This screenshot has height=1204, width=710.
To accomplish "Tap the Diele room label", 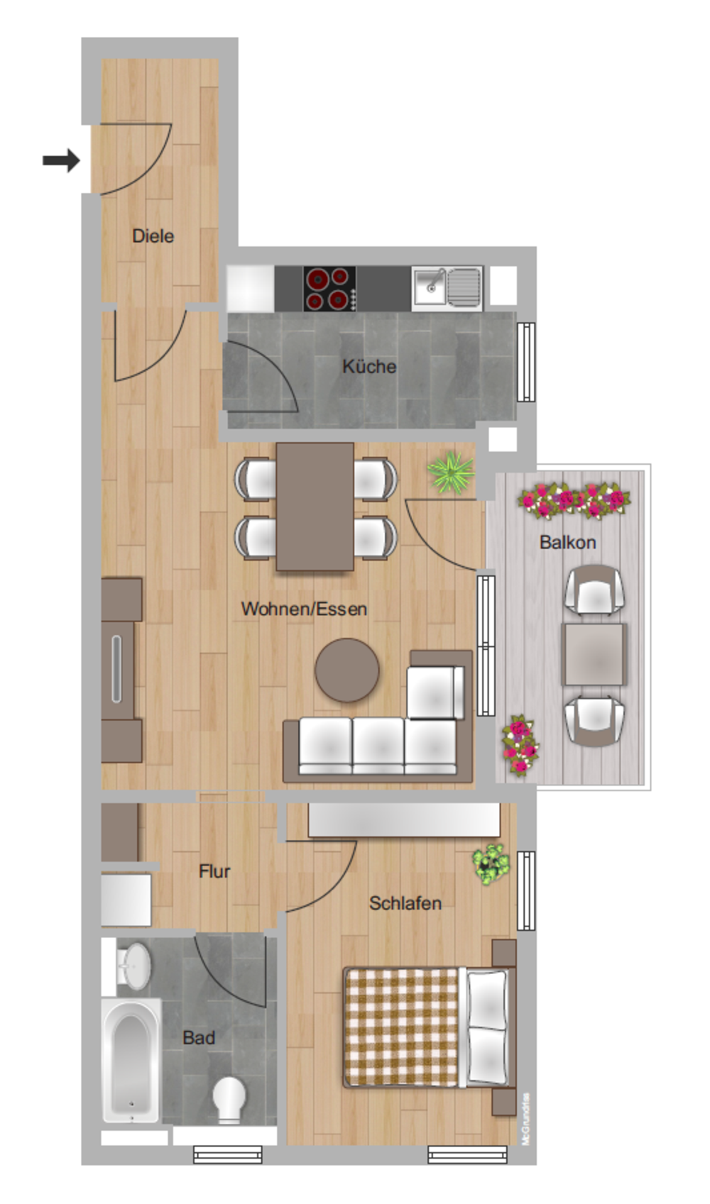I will pyautogui.click(x=153, y=236).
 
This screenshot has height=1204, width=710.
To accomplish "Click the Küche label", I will pyautogui.click(x=368, y=366).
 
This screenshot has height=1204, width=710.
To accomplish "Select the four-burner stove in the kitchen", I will pyautogui.click(x=329, y=288).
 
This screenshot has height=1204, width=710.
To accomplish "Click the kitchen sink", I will pyautogui.click(x=447, y=287).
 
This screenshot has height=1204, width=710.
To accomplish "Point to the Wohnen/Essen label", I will pyautogui.click(x=304, y=608).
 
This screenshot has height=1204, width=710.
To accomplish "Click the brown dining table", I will pyautogui.click(x=315, y=507).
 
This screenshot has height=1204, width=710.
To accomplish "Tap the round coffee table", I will pyautogui.click(x=347, y=670).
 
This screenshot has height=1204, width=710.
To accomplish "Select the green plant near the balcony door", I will pyautogui.click(x=451, y=474).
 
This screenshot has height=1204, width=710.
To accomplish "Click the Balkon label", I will pyautogui.click(x=567, y=542).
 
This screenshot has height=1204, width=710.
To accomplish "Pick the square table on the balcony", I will pyautogui.click(x=594, y=654).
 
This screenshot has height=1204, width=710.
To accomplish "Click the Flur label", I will pyautogui.click(x=214, y=871).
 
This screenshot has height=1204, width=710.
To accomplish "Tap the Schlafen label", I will pyautogui.click(x=405, y=902).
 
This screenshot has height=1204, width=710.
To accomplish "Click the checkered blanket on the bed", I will pyautogui.click(x=402, y=1027).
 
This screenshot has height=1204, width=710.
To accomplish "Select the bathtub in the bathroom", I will pyautogui.click(x=131, y=1060).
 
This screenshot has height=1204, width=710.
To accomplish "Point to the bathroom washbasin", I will pyautogui.click(x=133, y=965).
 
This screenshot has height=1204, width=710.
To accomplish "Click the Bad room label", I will pyautogui.click(x=198, y=1037).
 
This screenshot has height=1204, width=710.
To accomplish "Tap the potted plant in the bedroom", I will pyautogui.click(x=491, y=863).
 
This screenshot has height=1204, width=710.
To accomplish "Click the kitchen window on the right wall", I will pyautogui.click(x=525, y=362).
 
